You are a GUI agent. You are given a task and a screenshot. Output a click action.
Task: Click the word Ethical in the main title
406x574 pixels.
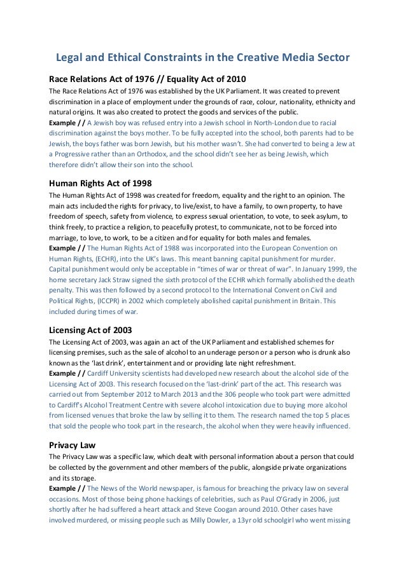pos(127,58)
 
